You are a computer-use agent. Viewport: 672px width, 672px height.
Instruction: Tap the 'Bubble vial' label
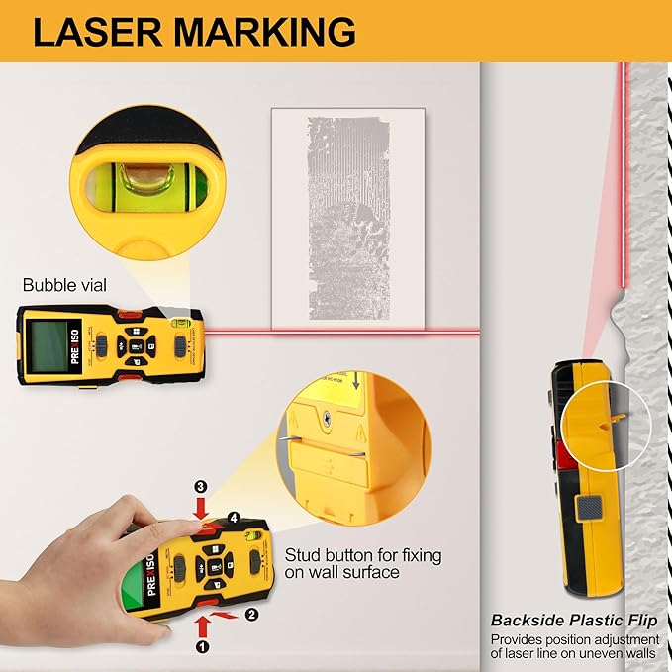tap(65, 285)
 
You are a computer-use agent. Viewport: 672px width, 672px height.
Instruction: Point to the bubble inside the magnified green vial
tap(140, 179)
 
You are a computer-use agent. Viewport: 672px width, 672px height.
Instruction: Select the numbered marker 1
tap(203, 647)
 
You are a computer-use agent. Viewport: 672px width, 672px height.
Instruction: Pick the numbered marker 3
tap(200, 487)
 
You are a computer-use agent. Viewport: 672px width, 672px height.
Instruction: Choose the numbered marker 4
tap(234, 517)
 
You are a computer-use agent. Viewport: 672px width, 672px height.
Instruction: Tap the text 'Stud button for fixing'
tap(362, 555)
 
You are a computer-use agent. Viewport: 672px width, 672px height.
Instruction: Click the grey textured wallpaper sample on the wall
tap(347, 218)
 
